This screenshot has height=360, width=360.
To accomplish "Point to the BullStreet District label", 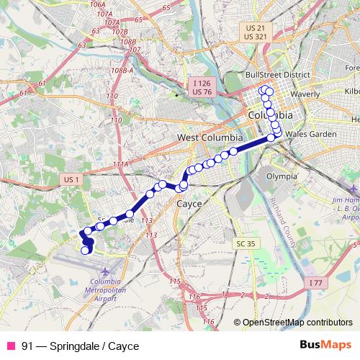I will [x=277, y=74].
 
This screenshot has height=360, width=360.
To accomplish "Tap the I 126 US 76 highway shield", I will [x=202, y=88].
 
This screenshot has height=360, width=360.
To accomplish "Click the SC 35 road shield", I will [x=246, y=244].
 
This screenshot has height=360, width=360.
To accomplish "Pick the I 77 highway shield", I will [x=315, y=284].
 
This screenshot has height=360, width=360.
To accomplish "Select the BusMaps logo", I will [x=327, y=345].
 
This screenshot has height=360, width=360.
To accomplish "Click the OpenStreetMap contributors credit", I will [x=297, y=323].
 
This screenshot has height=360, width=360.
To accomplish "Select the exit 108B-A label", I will [x=124, y=71].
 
